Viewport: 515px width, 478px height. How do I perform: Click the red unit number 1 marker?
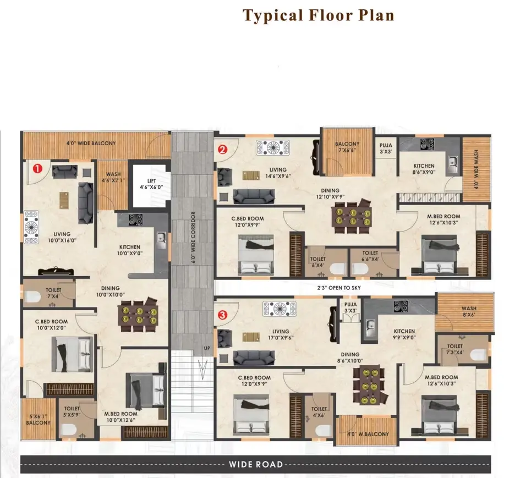point(37,169)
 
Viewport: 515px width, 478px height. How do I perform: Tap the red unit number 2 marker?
point(222,150)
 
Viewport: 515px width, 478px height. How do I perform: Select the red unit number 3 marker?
point(222,315)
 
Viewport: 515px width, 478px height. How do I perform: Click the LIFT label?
point(151,181)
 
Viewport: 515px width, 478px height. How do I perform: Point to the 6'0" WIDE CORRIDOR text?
point(193,238)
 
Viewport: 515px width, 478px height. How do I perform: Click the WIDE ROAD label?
point(256,464)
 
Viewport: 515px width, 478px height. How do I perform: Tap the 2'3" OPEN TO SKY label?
point(338,288)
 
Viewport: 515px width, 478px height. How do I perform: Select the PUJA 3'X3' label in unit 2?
point(386,149)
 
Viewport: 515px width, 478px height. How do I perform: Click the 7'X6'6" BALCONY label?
point(347,147)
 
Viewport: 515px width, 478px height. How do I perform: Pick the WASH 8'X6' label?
point(469,311)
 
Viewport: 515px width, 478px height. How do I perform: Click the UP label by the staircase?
point(207,348)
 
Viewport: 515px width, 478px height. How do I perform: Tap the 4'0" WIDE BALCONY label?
point(91,143)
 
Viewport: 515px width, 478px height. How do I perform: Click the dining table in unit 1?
point(138,316)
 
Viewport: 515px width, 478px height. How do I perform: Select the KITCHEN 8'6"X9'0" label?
point(424,169)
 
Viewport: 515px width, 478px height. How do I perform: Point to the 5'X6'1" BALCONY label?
point(39,419)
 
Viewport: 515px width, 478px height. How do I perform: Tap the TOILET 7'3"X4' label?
point(455,349)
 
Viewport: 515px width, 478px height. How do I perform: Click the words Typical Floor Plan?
point(318,15)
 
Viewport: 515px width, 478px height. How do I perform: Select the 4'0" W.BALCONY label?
point(368,434)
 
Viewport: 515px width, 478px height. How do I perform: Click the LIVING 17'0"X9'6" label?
point(281,334)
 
